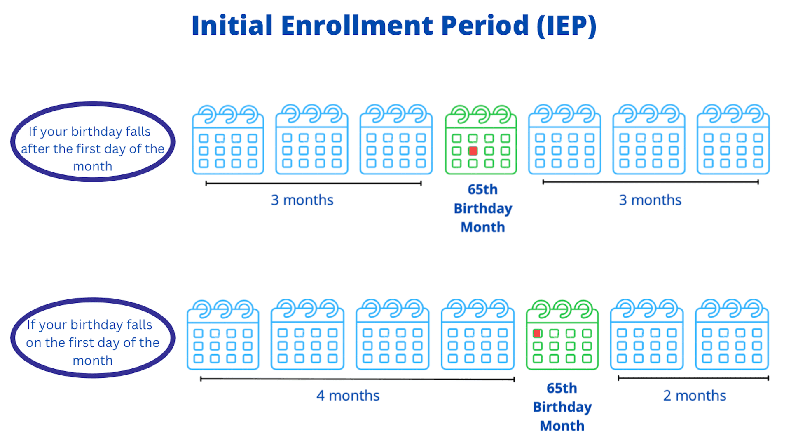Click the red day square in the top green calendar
473,151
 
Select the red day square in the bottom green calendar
537,333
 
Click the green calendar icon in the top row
481,139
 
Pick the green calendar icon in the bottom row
562,335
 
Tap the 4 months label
348,396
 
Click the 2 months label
695,396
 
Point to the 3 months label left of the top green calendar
302,200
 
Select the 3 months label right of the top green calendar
650,200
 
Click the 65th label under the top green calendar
482,189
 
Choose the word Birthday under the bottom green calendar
562,407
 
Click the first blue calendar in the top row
228,139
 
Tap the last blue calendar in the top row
733,139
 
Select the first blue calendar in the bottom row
223,335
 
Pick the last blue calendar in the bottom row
732,335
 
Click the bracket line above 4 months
357,379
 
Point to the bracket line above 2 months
693,378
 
